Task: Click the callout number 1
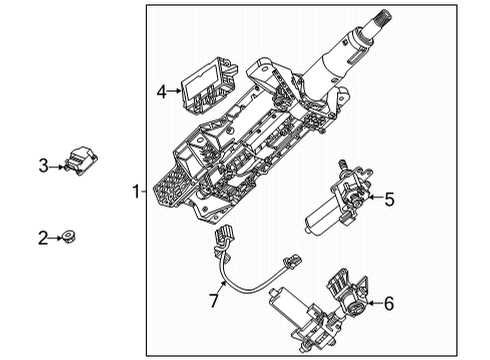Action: [135, 190]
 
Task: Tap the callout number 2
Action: [43, 237]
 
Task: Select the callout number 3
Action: [43, 165]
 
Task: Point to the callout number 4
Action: [160, 92]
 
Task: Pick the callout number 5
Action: [389, 199]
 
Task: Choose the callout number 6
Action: [389, 303]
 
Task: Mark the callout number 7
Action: [212, 301]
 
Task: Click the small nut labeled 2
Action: [71, 237]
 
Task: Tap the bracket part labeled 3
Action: [81, 158]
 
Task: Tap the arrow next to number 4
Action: [174, 92]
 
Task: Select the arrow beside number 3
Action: [57, 165]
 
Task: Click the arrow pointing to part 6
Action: [372, 303]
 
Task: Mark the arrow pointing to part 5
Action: [372, 199]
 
